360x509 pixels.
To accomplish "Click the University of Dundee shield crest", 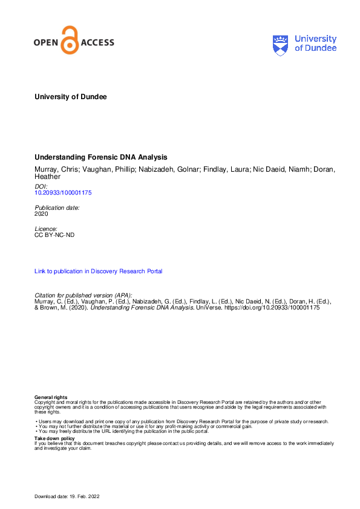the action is click(281, 44).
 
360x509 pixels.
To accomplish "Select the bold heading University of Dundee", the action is click(71, 97).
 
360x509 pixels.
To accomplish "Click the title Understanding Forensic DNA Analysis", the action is click(101, 157).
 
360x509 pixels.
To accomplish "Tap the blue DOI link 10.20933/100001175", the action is click(63, 192).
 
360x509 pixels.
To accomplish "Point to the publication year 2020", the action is click(42, 213).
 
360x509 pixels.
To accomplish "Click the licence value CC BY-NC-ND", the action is click(54, 235).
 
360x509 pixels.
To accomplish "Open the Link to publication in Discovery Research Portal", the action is click(98, 271).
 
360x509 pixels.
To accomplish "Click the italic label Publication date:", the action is click(57, 207).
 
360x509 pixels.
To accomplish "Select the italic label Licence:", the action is click(46, 229).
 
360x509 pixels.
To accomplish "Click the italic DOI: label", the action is click(42, 186).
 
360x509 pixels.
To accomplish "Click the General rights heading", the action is click(51, 397).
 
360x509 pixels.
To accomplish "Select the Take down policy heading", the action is click(54, 438).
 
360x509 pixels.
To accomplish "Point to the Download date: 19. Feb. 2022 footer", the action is click(67, 496).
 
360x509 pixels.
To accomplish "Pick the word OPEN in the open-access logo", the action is click(47, 42).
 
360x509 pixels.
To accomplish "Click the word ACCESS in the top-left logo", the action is click(97, 42).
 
